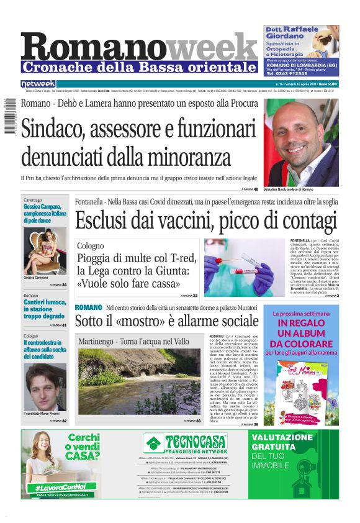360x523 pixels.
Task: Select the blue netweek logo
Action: [38, 83]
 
